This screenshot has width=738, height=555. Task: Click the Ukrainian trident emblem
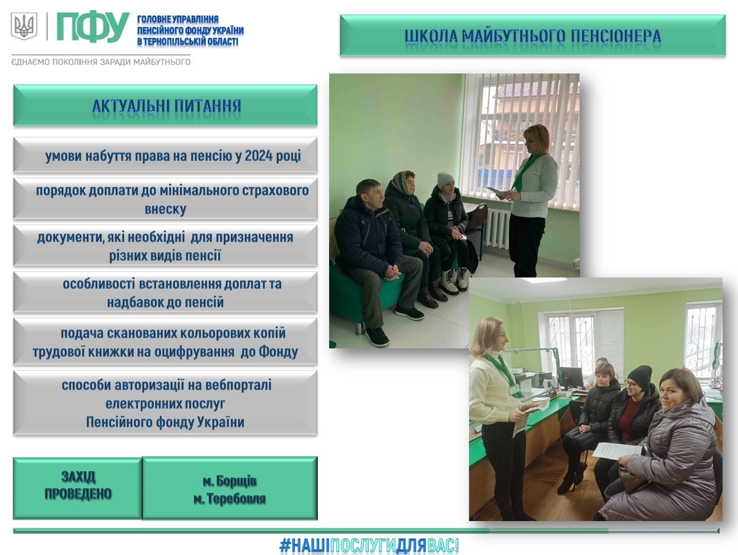(24, 26)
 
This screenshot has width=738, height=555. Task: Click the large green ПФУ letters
(93, 28)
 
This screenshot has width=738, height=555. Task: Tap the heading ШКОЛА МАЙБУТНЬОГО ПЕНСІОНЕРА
(533, 36)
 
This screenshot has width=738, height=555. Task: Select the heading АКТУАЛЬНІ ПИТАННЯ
(167, 106)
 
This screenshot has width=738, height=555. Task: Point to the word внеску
(166, 209)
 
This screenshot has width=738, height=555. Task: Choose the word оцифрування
(194, 351)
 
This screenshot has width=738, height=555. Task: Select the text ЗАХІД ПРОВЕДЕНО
(78, 485)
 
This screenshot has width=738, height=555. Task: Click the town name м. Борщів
(230, 481)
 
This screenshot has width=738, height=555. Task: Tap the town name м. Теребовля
(230, 498)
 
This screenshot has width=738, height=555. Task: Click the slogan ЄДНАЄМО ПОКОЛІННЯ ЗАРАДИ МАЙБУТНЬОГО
(101, 62)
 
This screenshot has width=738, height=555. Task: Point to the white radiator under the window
(497, 228)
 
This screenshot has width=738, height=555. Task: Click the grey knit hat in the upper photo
(445, 180)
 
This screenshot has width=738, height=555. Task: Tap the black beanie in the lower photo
(639, 377)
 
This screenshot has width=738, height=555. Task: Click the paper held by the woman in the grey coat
(616, 451)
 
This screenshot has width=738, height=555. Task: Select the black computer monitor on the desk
(571, 378)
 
